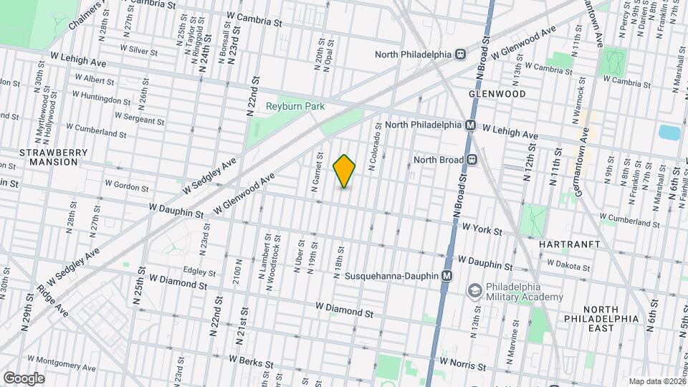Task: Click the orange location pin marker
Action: [345, 171]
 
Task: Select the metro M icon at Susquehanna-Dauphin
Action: [447, 276]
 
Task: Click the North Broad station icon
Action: [472, 160]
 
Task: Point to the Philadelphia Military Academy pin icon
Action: [474, 291]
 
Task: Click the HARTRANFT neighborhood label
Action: [563, 244]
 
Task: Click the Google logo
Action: [24, 378]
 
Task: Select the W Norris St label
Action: [463, 364]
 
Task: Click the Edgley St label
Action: [199, 272]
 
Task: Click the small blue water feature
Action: [669, 132]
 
